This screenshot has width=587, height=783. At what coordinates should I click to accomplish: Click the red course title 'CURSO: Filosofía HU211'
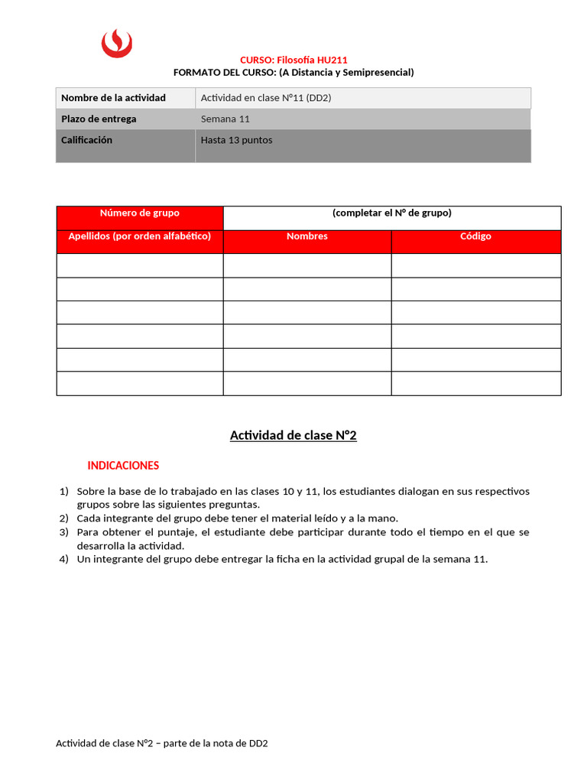pos(293,60)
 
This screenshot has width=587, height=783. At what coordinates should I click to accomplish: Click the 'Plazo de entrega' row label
pos(99,119)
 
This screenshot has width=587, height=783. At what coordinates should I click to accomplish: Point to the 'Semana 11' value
pos(225,119)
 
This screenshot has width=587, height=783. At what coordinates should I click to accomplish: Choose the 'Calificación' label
pos(86,140)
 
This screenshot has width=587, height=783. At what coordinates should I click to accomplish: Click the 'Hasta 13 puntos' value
pos(236,140)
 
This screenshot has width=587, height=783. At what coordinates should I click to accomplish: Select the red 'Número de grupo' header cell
pos(140,213)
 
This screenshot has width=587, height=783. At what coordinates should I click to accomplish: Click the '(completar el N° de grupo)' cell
pos(392,213)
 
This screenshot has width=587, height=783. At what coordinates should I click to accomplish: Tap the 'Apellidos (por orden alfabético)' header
pos(140,236)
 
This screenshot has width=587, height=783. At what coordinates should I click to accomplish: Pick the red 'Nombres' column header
pos(307,236)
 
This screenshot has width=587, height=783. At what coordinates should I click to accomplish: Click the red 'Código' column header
pos(475,236)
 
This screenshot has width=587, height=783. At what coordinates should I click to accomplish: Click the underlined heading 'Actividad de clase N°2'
pos(293,436)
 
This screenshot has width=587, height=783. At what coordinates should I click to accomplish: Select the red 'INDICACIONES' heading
pos(123,465)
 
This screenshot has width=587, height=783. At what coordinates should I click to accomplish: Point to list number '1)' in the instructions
pos(64,491)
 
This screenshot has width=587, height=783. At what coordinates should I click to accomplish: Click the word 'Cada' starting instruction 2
pos(89,518)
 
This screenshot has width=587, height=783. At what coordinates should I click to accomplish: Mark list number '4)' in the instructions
pos(64,559)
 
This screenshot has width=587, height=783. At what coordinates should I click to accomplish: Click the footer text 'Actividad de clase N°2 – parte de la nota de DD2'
pos(161,743)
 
